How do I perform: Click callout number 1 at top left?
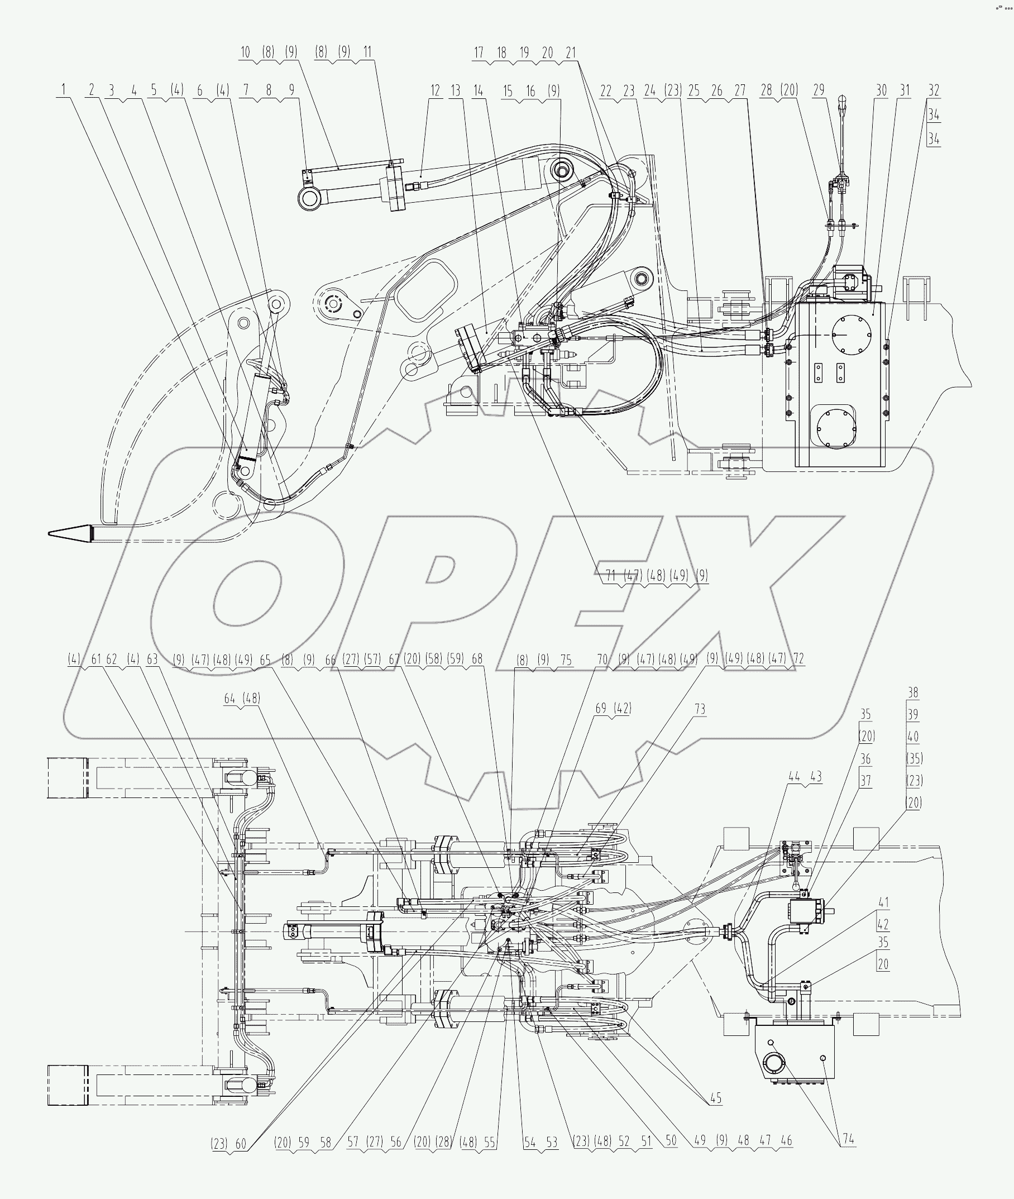click(x=64, y=90)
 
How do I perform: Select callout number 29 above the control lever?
click(x=819, y=90)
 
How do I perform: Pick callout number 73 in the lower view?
click(x=700, y=709)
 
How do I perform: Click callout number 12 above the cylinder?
click(x=435, y=90)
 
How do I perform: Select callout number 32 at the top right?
click(x=934, y=90)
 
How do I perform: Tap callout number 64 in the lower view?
click(x=230, y=699)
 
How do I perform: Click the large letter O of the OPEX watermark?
click(x=247, y=592)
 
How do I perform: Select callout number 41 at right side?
click(x=883, y=903)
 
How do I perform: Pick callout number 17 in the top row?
click(x=479, y=53)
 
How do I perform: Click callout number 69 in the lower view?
click(x=601, y=709)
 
